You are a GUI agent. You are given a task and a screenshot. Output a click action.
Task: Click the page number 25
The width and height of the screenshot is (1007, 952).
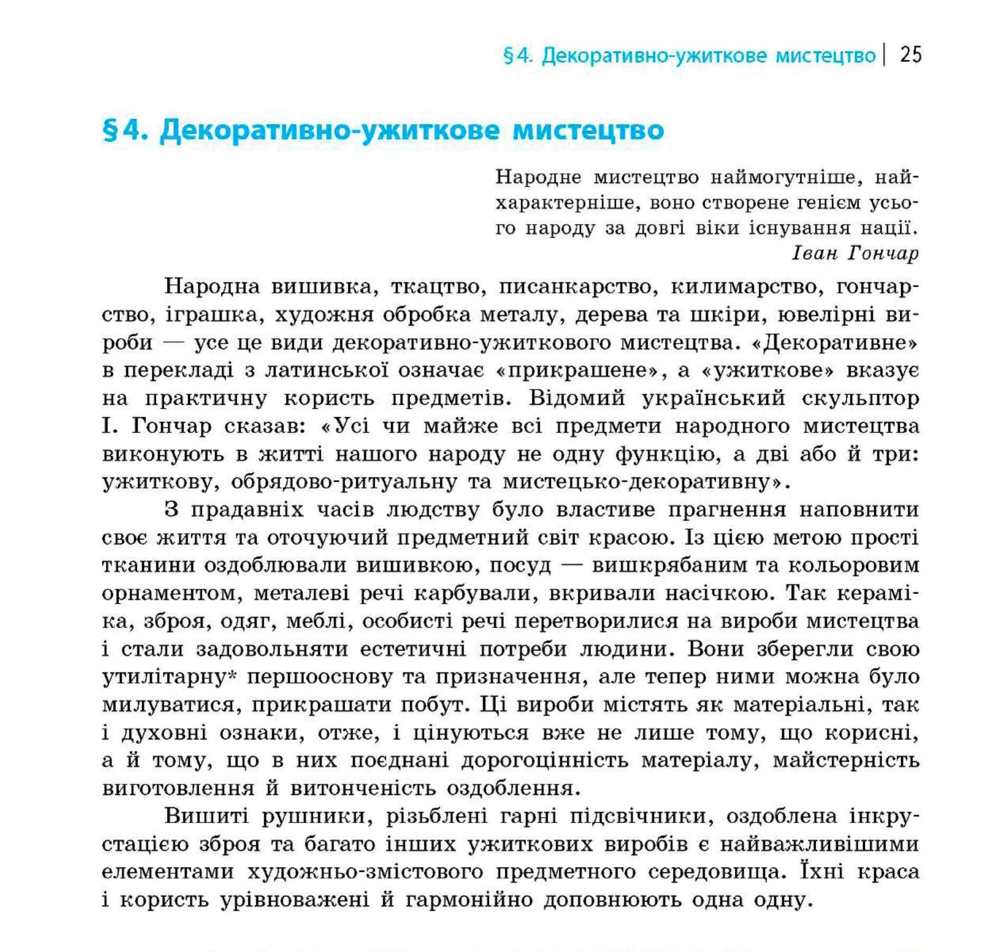(910, 55)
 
